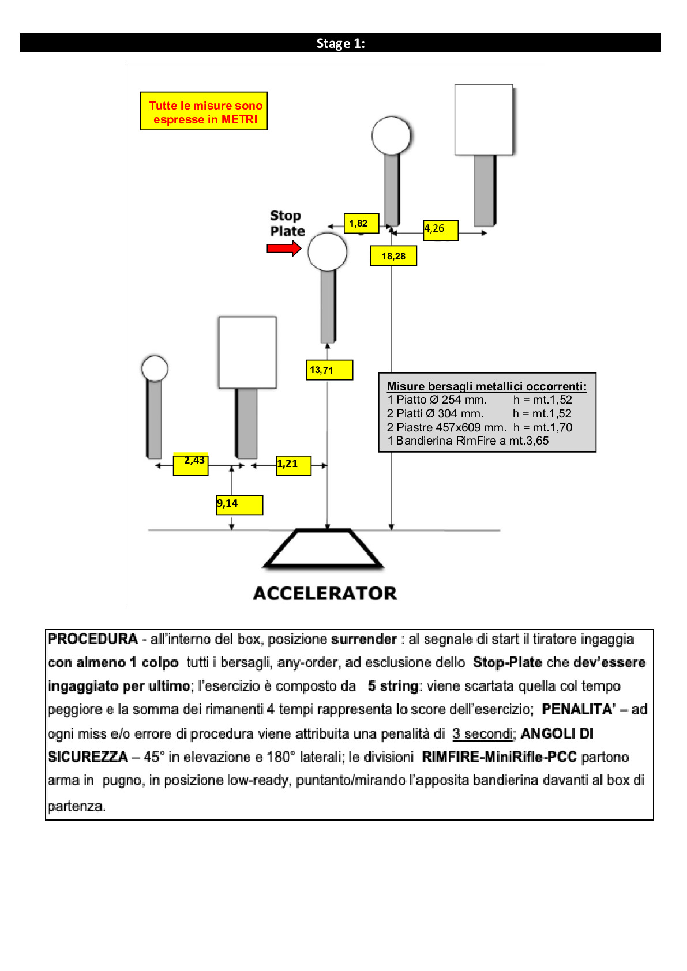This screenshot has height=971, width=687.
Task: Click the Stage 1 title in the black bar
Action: point(340,43)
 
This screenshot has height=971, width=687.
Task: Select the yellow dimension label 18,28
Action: point(393,256)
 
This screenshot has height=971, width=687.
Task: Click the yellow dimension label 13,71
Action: point(329,370)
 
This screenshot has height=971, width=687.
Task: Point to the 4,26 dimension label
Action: point(441,229)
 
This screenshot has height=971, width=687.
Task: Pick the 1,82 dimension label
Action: point(361,223)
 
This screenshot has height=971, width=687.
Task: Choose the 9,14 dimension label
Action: point(239,505)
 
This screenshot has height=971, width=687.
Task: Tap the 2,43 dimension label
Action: point(191,464)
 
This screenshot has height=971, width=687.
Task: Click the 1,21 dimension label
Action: point(294,465)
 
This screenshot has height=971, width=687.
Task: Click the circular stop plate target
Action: point(327,252)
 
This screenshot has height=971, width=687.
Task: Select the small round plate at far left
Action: point(155,368)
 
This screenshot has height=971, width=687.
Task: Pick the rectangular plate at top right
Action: point(483,120)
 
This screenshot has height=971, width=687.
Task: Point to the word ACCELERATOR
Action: point(325,593)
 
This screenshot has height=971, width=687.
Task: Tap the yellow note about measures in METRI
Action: point(204,111)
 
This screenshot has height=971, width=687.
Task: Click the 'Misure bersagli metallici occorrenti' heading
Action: point(486,386)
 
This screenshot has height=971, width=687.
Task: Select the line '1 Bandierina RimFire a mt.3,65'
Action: point(468,441)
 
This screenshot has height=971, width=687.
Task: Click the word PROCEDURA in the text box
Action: point(93,639)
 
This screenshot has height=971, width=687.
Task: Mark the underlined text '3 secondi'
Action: point(483,733)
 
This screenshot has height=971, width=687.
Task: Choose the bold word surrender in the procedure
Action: point(364,639)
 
